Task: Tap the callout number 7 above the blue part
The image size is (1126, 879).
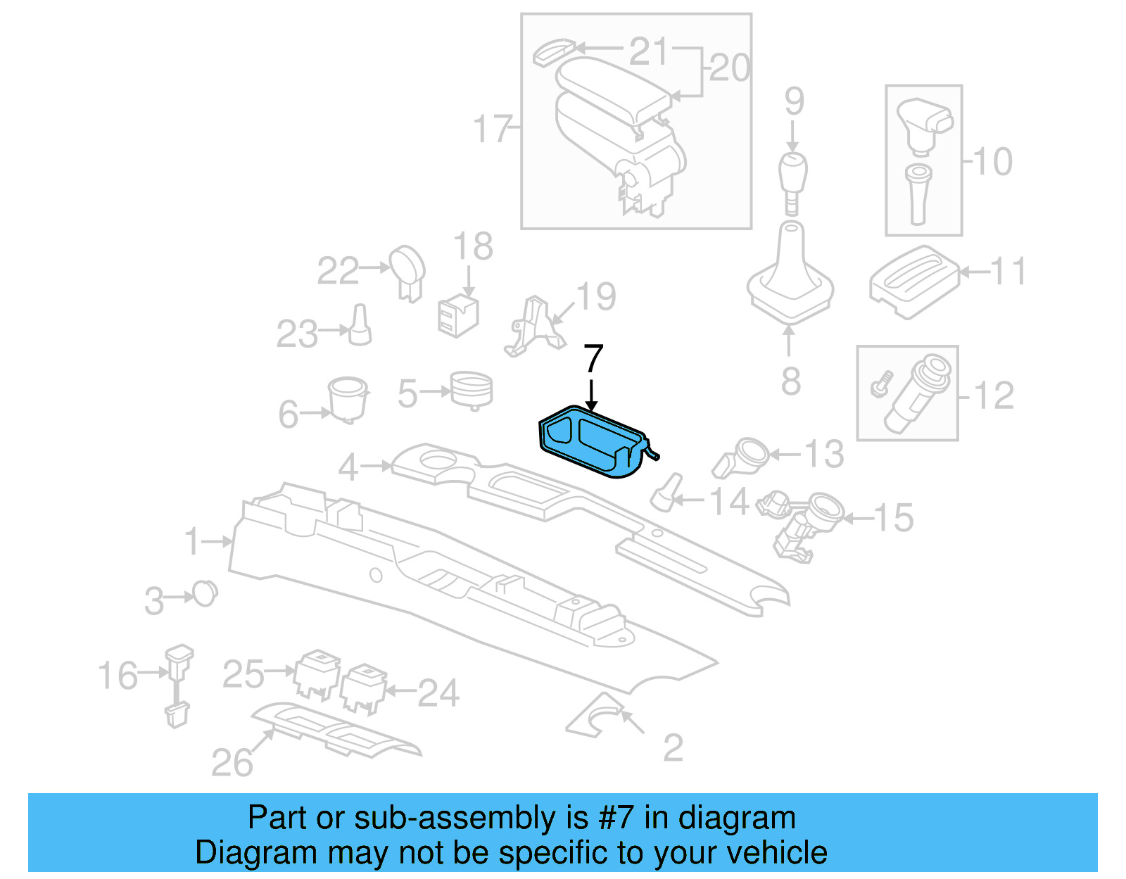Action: point(593,359)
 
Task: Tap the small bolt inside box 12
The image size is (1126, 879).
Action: point(880,384)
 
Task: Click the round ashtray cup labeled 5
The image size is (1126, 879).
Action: point(471,389)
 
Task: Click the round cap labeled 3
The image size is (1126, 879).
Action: point(205,594)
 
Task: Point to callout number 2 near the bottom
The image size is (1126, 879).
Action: point(673,747)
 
